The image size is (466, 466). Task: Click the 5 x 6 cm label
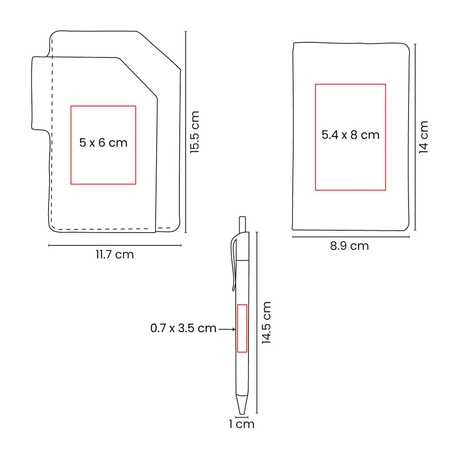click(x=103, y=142)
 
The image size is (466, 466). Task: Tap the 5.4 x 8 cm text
click(x=350, y=135)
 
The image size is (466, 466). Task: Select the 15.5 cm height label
click(x=194, y=132)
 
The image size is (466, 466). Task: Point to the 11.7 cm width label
click(x=115, y=255)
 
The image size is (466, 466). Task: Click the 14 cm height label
click(x=423, y=137)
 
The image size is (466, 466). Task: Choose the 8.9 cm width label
click(x=349, y=246)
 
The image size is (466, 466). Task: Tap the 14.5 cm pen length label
click(x=266, y=323)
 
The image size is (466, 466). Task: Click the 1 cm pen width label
click(x=242, y=424)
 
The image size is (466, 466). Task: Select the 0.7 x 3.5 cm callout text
click(x=183, y=328)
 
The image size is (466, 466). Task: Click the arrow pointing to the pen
click(x=227, y=329)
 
